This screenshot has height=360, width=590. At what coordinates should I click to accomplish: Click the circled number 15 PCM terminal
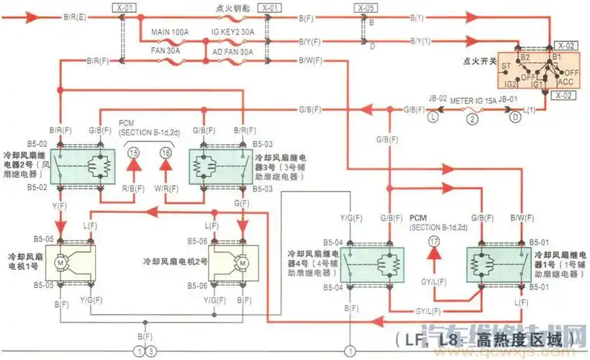[133, 153]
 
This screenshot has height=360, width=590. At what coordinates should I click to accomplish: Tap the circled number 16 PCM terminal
[166, 153]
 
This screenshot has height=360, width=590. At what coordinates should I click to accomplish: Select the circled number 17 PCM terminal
[433, 242]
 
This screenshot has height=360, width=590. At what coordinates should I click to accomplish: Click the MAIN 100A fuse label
[170, 33]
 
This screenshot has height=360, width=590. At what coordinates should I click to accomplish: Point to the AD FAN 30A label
[232, 53]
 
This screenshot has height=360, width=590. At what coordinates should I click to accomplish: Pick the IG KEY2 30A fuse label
[233, 33]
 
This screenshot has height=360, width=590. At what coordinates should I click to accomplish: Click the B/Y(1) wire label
[421, 41]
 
